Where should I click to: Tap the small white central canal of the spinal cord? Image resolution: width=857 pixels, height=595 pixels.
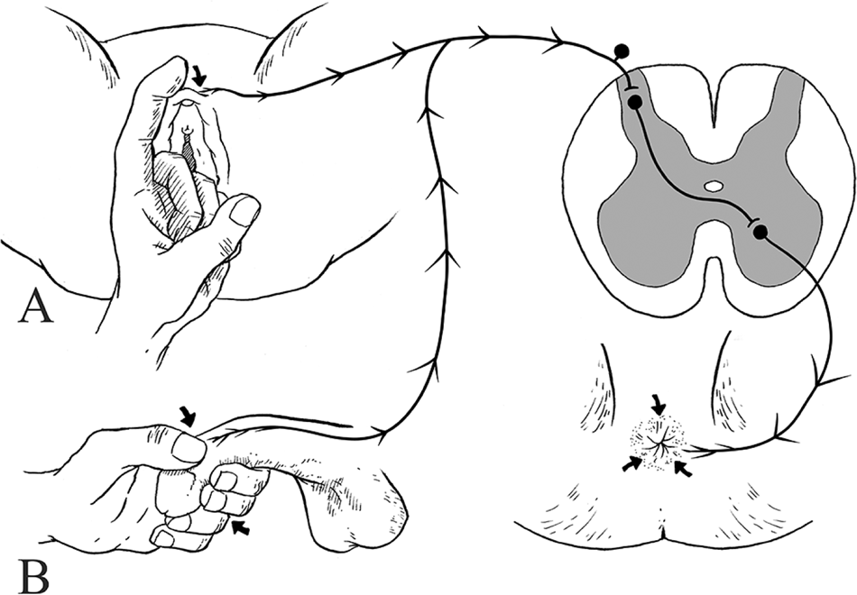[x=713, y=187]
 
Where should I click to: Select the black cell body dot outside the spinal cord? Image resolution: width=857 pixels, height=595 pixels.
[x=622, y=51]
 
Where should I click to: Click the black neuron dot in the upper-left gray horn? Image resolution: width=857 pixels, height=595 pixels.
[x=634, y=102]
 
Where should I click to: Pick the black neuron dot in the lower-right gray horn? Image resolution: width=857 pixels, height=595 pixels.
[x=760, y=233]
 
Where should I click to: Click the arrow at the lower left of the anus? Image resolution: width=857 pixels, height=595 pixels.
[x=631, y=463]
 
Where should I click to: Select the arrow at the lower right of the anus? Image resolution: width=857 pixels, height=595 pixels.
[x=683, y=468]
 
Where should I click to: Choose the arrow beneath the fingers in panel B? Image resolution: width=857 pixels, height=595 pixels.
[x=240, y=527]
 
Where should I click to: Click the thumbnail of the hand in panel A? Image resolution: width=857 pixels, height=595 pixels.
[x=244, y=211]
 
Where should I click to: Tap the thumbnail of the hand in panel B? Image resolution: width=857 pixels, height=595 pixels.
[x=189, y=449]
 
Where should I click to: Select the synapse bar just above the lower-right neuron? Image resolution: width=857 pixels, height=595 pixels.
[x=753, y=222]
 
